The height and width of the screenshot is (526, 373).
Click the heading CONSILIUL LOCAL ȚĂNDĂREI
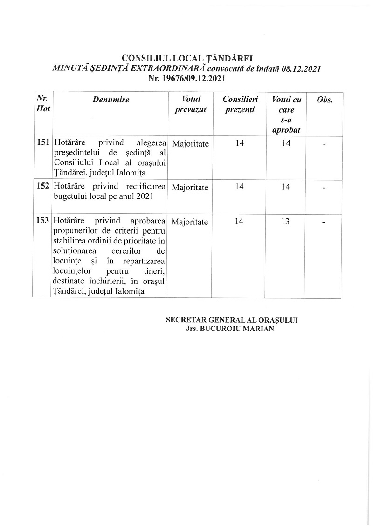186,58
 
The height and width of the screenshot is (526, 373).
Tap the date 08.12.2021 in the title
297,68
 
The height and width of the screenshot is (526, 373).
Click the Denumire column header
111,100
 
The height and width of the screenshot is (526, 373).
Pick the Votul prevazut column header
190,104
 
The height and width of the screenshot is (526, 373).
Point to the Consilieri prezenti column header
239,104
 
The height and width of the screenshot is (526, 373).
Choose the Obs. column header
324,100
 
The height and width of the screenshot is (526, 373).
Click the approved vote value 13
286,222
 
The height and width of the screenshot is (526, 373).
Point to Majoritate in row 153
190,222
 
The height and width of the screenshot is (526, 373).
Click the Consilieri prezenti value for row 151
239,143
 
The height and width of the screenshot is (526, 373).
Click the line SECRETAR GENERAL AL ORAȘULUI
232,320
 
